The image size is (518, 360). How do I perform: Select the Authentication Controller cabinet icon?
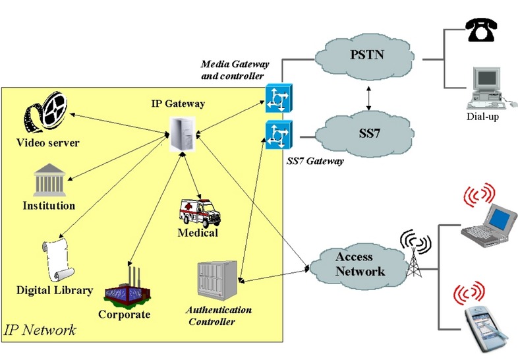click(x=216, y=280)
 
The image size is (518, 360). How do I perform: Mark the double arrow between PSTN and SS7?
click(x=369, y=96)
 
